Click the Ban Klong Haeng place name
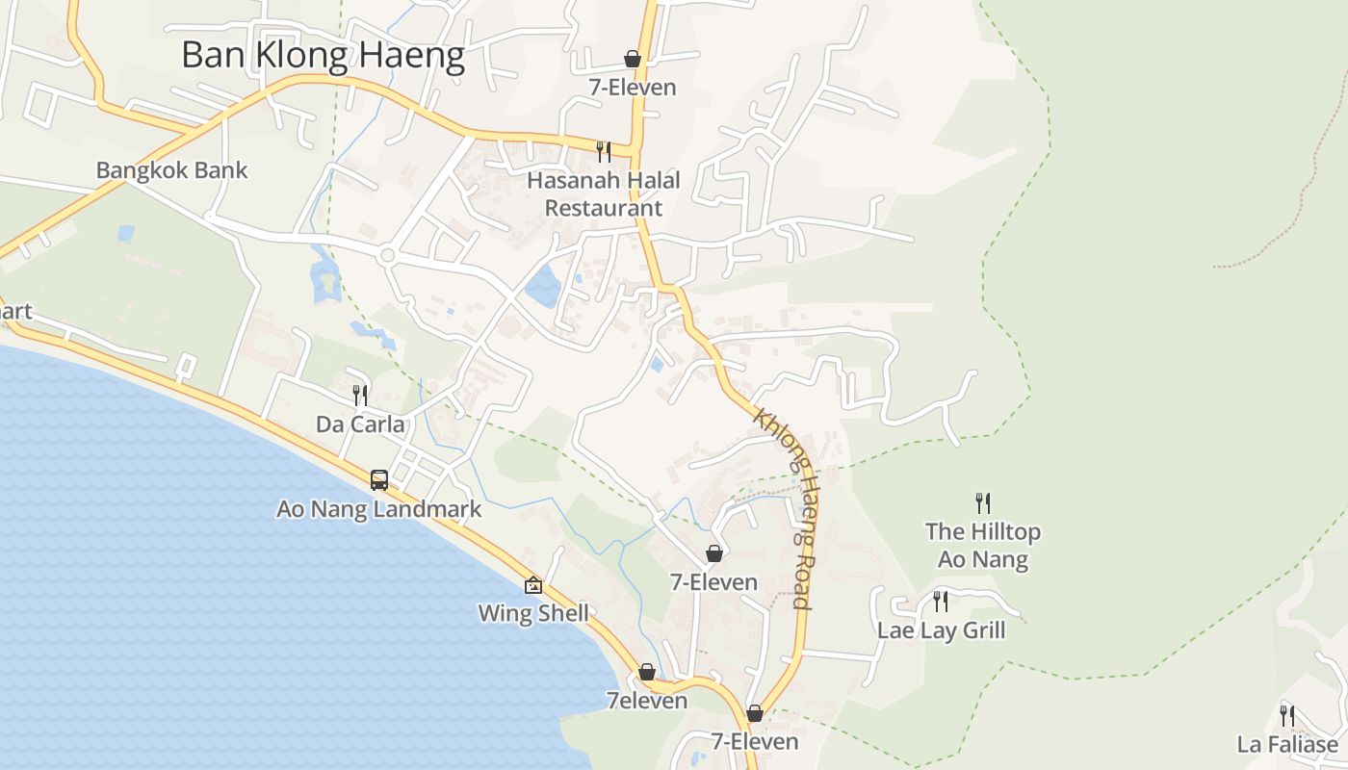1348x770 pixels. pyautogui.click(x=323, y=55)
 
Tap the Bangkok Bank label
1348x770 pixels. pyautogui.click(x=171, y=170)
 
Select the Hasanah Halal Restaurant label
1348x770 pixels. pyautogui.click(x=604, y=193)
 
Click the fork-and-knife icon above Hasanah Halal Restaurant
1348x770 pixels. pyautogui.click(x=604, y=151)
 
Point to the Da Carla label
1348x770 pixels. pyautogui.click(x=360, y=423)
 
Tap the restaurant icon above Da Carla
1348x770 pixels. pyautogui.click(x=360, y=395)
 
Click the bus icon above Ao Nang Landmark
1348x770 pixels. pyautogui.click(x=379, y=479)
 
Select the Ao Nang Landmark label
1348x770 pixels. pyautogui.click(x=378, y=508)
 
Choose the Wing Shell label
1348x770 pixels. pyautogui.click(x=533, y=613)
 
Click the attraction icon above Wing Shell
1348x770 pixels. pyautogui.click(x=533, y=584)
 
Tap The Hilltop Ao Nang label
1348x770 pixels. pyautogui.click(x=983, y=545)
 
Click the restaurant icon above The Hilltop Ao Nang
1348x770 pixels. pyautogui.click(x=983, y=502)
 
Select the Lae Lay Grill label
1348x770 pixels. pyautogui.click(x=941, y=630)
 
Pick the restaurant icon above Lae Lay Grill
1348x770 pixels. pyautogui.click(x=941, y=602)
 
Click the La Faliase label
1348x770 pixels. pyautogui.click(x=1287, y=744)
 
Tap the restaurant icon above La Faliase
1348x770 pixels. pyautogui.click(x=1287, y=715)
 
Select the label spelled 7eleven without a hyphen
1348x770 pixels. pyautogui.click(x=647, y=700)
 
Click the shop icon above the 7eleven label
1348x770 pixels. pyautogui.click(x=647, y=671)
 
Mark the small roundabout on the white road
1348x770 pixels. pyautogui.click(x=387, y=255)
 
